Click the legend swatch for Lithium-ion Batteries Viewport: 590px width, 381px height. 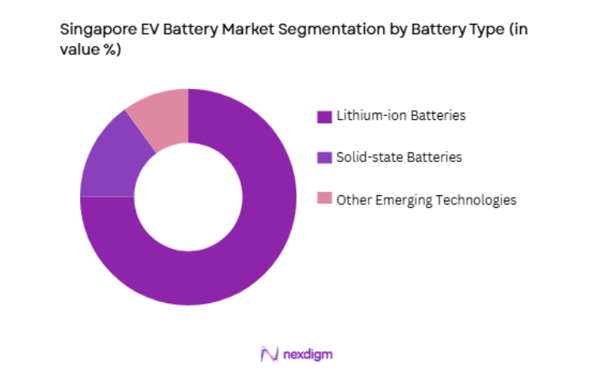(323, 117)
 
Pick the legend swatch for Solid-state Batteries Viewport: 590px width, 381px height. (323, 158)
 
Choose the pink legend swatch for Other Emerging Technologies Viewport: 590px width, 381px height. (323, 200)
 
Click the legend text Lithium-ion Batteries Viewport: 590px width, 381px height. (400, 116)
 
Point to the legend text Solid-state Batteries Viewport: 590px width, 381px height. (399, 157)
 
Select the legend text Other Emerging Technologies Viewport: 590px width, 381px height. (426, 200)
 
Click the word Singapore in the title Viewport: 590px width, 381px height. (93, 31)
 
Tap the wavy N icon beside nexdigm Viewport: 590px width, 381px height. (269, 354)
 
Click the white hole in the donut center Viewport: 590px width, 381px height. (188, 196)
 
